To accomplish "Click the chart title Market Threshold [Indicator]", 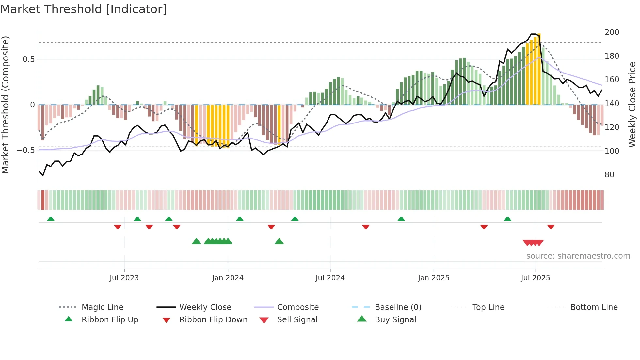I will point(84,9).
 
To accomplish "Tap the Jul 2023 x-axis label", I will point(124,278).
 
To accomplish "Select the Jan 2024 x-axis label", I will point(228,278).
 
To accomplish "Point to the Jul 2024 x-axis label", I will point(330,278).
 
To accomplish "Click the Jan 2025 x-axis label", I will point(434,278).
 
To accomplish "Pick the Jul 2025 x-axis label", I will point(536,278).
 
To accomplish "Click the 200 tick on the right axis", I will point(612,32).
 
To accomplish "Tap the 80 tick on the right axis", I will point(609,175).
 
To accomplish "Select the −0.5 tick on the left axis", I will point(25,150).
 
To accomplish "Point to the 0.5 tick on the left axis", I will point(28,59).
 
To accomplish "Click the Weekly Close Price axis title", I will point(632,105).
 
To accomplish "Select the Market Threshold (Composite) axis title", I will point(5,105).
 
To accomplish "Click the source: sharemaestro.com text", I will point(578,256).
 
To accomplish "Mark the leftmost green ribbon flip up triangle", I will point(51,219).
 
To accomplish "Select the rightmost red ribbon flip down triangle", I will point(551,227).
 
